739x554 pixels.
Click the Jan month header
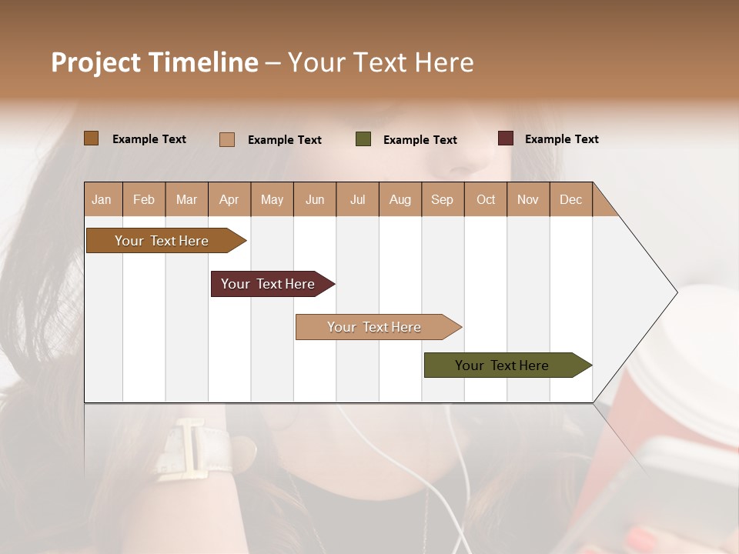click(102, 199)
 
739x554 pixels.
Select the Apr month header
click(229, 199)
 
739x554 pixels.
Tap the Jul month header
click(357, 199)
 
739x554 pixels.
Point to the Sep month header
click(442, 199)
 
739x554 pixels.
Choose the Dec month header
click(570, 199)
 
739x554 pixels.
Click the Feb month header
click(144, 199)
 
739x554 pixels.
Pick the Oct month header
click(486, 199)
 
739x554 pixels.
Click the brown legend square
click(92, 138)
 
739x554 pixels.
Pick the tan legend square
click(227, 139)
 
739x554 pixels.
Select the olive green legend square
click(363, 139)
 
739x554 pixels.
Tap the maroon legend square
click(506, 138)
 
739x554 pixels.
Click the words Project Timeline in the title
click(155, 62)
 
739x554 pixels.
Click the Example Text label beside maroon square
click(561, 139)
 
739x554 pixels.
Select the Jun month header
click(315, 199)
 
